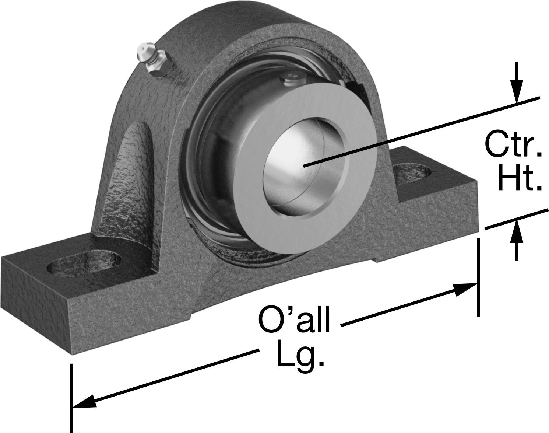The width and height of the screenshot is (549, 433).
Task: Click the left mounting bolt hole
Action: pos(84,264)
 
